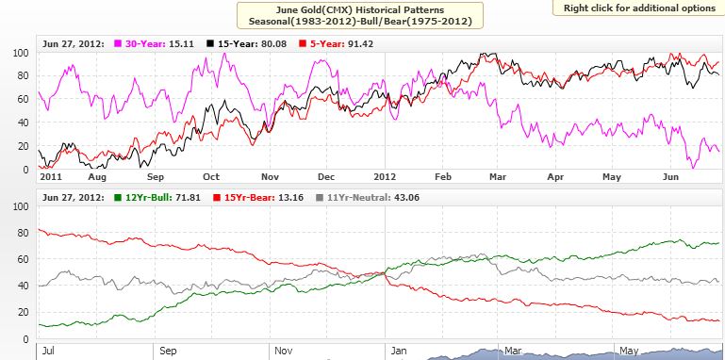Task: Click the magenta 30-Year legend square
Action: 118,44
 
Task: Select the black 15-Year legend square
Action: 210,44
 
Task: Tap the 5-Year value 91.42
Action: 361,44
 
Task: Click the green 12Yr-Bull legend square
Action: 118,198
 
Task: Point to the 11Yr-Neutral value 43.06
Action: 406,198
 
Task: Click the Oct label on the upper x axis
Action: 211,177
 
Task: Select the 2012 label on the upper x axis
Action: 385,177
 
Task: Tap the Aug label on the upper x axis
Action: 97,177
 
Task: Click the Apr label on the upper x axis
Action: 555,177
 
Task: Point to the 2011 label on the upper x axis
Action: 51,177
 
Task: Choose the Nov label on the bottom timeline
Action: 284,351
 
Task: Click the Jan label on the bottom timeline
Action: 398,351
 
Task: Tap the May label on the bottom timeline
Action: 628,351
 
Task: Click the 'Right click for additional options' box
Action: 639,8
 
